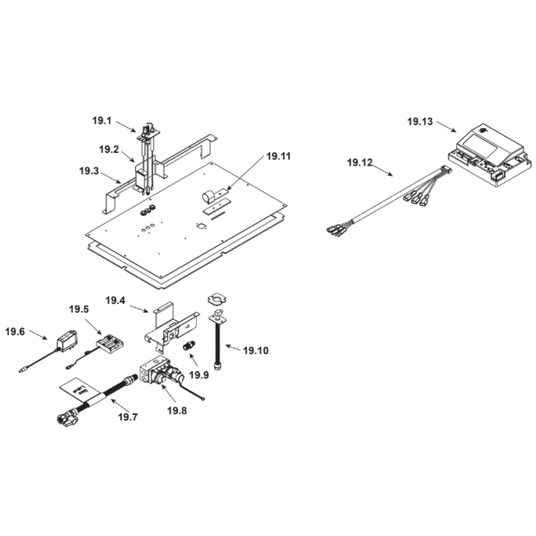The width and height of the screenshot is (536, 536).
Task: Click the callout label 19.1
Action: pyautogui.click(x=101, y=121)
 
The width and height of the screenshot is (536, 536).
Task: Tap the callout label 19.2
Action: pyautogui.click(x=108, y=150)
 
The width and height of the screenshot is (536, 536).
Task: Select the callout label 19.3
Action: pyautogui.click(x=88, y=172)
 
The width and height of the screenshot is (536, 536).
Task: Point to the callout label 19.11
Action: pyautogui.click(x=278, y=157)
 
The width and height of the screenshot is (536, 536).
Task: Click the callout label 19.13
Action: pyautogui.click(x=420, y=122)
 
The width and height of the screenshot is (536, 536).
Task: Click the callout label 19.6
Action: pyautogui.click(x=15, y=331)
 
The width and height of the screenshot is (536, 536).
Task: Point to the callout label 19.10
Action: pyautogui.click(x=256, y=351)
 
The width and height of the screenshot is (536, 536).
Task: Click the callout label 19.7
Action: pyautogui.click(x=127, y=416)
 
